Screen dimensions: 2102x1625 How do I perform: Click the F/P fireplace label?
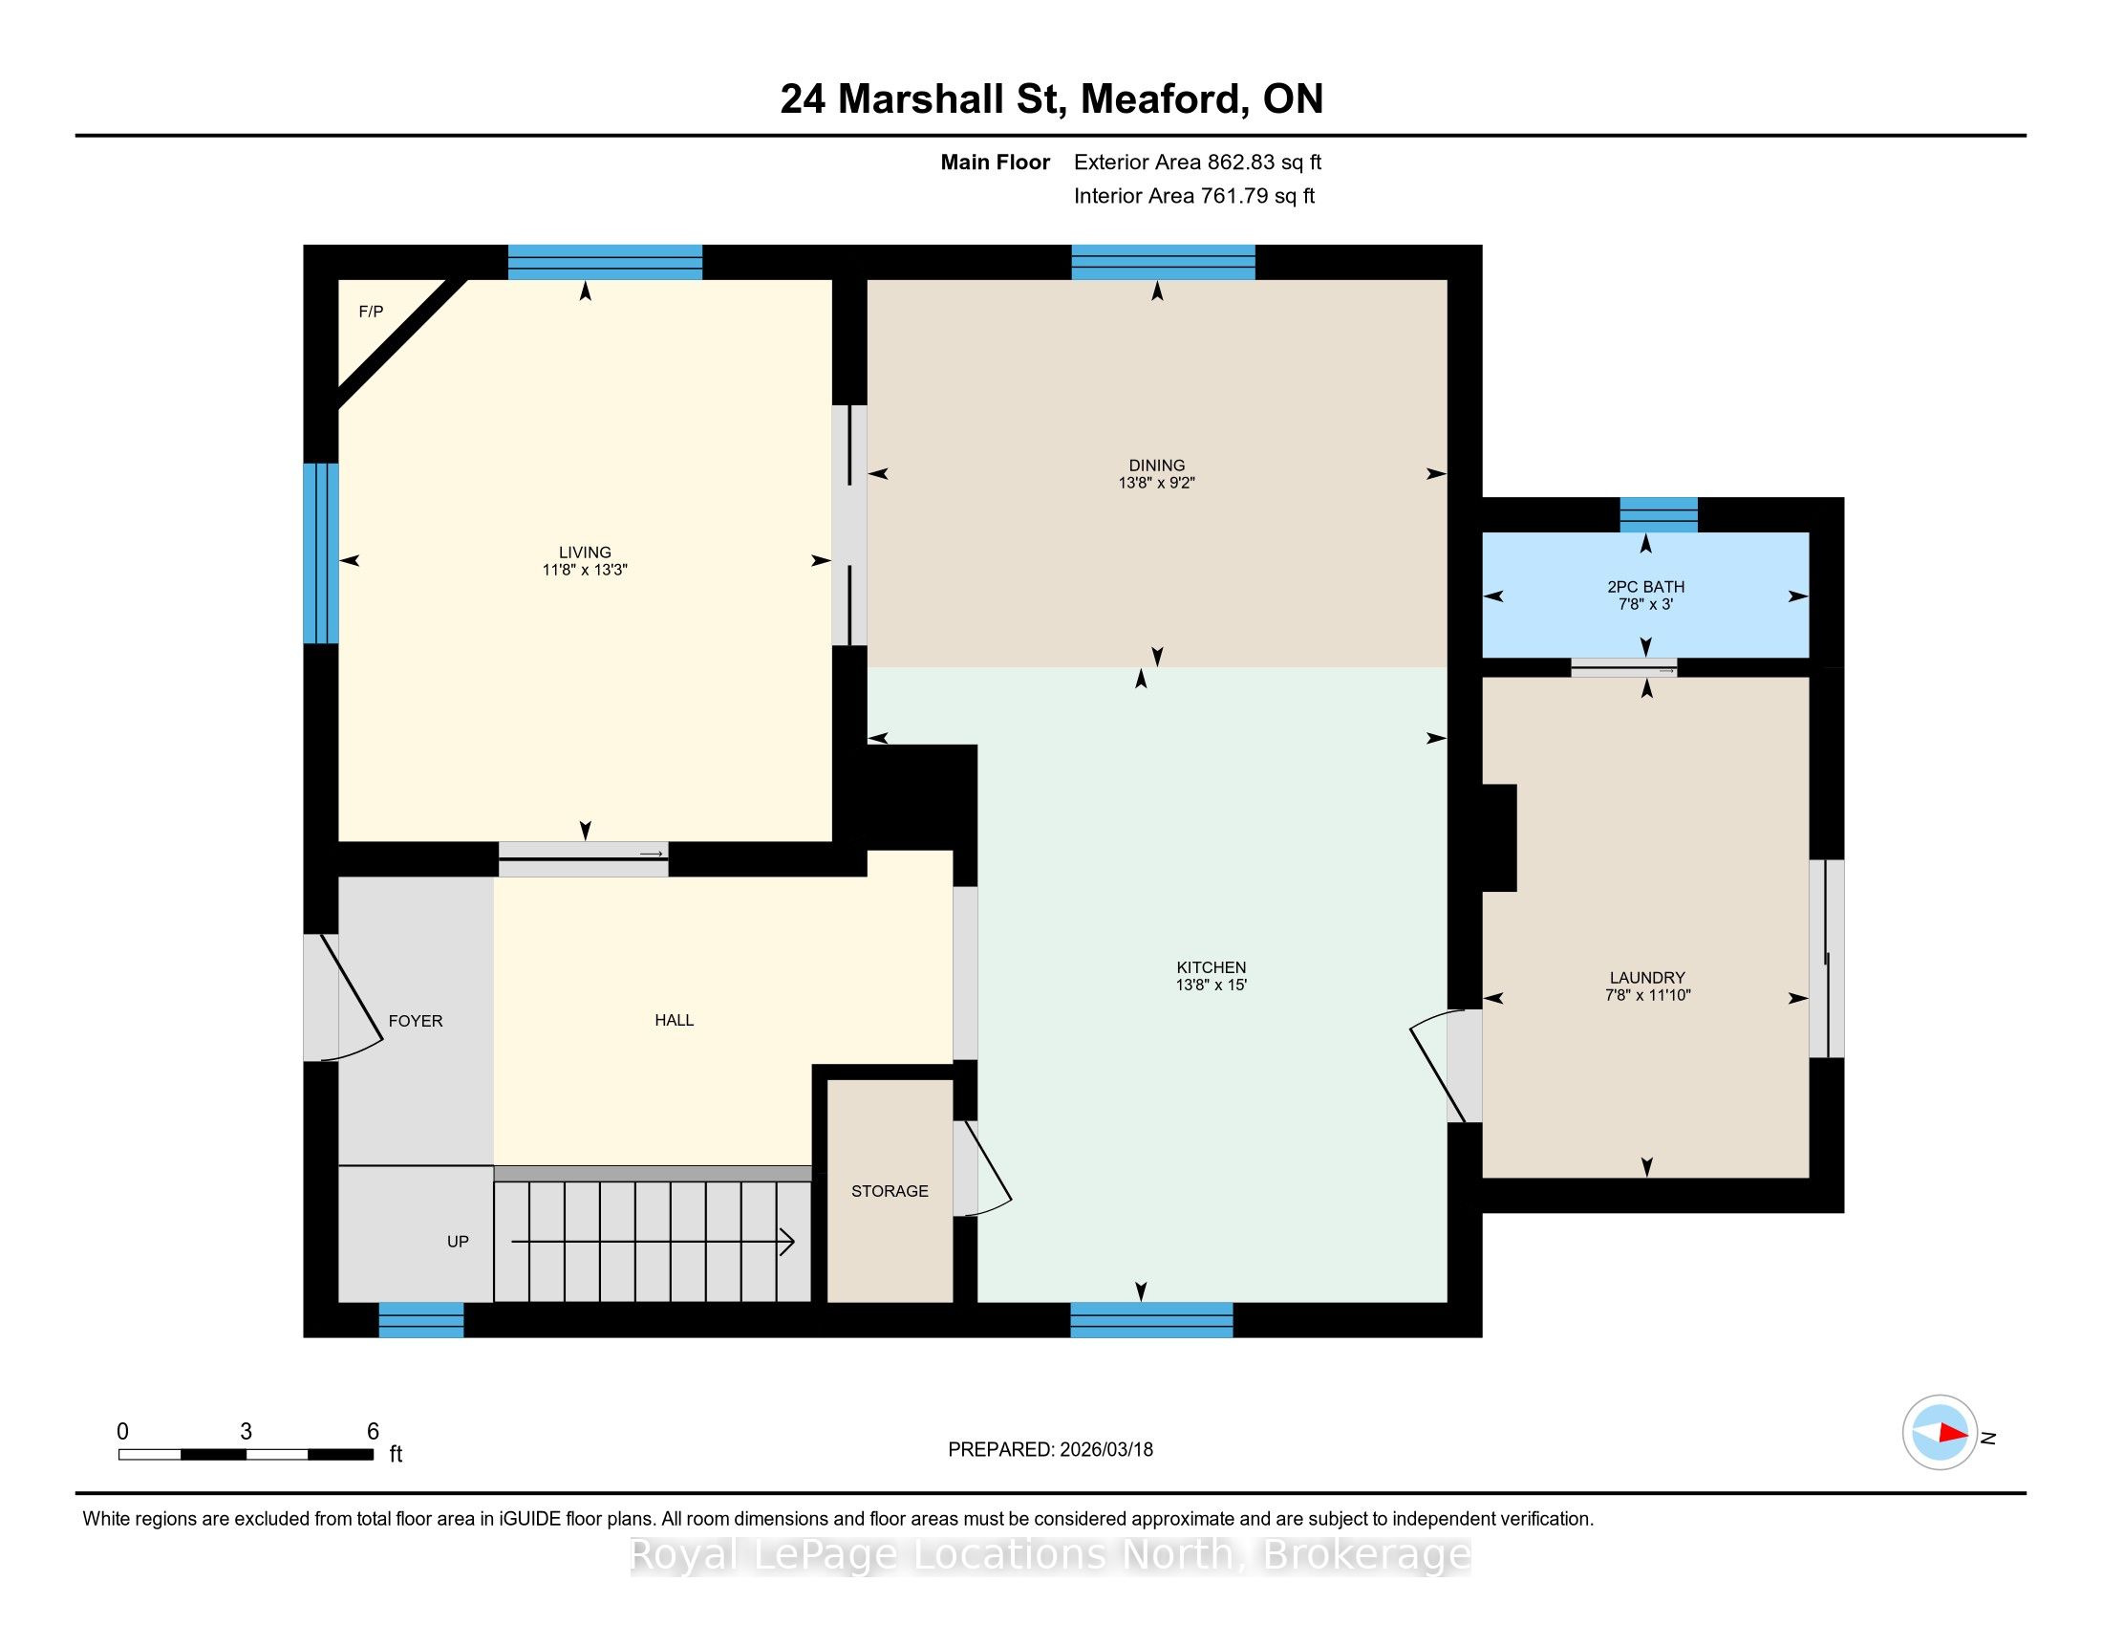tap(371, 312)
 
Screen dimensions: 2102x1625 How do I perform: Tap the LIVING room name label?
tap(585, 552)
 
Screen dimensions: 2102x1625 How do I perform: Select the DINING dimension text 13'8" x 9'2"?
tap(1156, 484)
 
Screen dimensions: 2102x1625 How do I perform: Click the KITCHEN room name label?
tap(1211, 967)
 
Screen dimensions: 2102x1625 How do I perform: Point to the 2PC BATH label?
tap(1646, 587)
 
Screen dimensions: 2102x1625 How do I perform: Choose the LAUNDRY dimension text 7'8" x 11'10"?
tap(1648, 995)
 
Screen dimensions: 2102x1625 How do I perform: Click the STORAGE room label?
tap(890, 1192)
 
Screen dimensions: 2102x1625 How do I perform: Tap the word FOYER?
tap(416, 1022)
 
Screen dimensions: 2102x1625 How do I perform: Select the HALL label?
tap(674, 1021)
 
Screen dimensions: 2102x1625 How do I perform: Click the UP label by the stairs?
tap(458, 1242)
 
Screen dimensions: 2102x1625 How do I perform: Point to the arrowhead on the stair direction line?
tap(787, 1242)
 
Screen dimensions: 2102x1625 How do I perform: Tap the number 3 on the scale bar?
tap(247, 1432)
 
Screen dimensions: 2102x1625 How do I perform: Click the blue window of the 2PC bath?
tap(1659, 515)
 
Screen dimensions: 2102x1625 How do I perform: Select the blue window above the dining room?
tap(1164, 263)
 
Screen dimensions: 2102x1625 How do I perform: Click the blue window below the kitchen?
tap(1152, 1320)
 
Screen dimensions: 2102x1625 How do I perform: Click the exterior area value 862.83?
tap(1238, 162)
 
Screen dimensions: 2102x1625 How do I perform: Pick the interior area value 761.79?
tap(1232, 196)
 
